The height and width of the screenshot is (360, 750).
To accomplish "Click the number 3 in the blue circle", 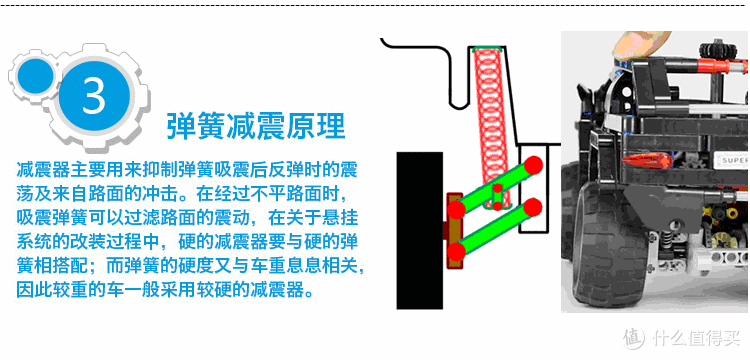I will tap(94, 97).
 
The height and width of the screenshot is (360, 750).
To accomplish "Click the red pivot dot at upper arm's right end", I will tap(535, 163).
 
